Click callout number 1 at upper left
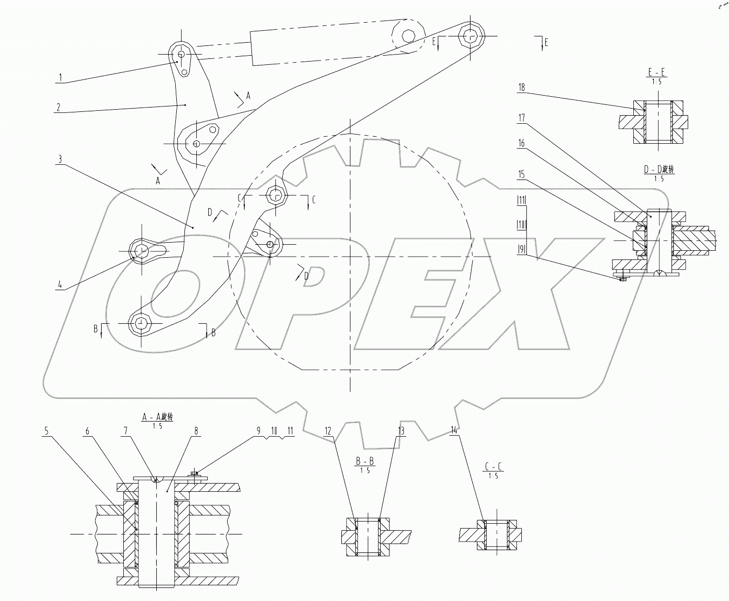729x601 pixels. click(61, 78)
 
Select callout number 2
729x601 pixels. click(58, 107)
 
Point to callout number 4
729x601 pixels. click(58, 284)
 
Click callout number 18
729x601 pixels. click(521, 87)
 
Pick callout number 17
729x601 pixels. click(521, 117)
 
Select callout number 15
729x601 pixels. click(521, 174)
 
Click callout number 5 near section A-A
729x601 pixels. click(47, 431)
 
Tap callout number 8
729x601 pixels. click(196, 431)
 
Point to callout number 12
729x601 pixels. click(328, 431)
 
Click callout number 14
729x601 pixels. click(453, 431)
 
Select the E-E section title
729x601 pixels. click(657, 73)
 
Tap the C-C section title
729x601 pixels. click(493, 466)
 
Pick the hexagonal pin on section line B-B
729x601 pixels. click(141, 323)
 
